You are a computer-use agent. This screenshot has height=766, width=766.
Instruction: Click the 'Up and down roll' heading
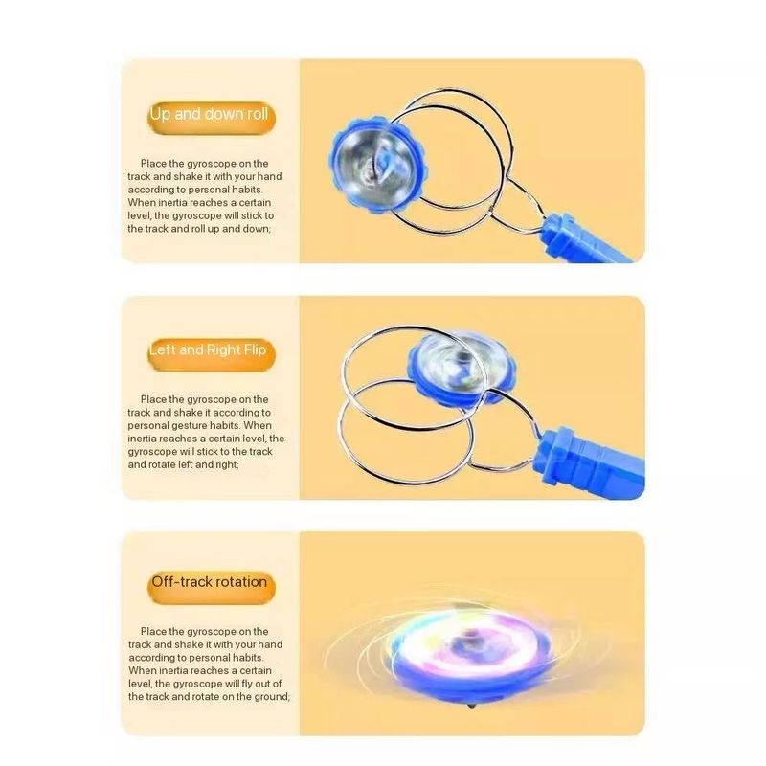pyautogui.click(x=209, y=114)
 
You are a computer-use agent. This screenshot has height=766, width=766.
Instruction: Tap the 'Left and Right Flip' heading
pyautogui.click(x=208, y=350)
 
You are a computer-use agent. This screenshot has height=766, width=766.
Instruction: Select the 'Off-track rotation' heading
pyautogui.click(x=209, y=582)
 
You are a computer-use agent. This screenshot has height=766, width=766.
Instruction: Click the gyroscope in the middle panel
pyautogui.click(x=461, y=370)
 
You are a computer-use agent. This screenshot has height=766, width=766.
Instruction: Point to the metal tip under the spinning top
pyautogui.click(x=470, y=706)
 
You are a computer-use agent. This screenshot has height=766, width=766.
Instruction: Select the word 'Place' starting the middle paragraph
pyautogui.click(x=153, y=399)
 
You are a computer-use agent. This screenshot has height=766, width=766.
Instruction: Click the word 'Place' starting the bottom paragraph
pyautogui.click(x=153, y=632)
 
